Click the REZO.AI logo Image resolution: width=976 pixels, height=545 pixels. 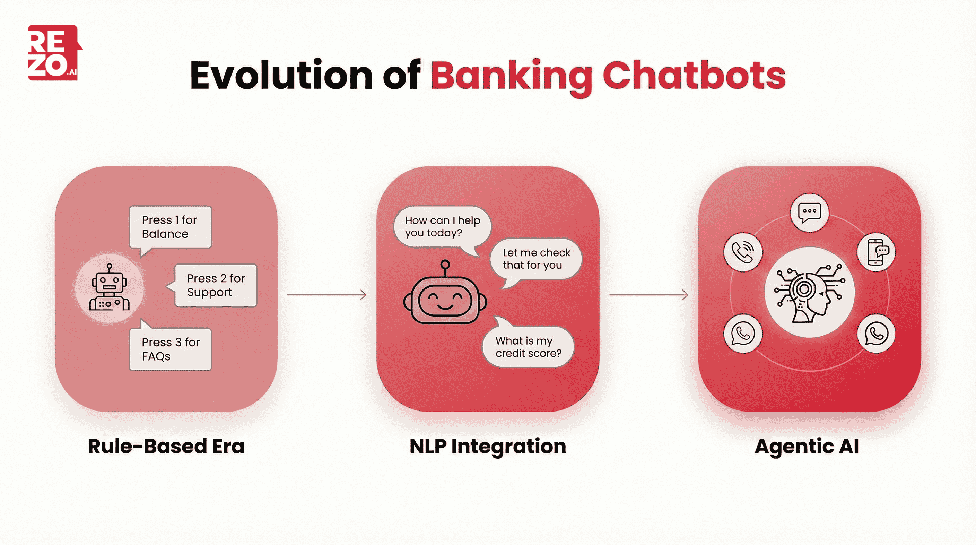click(54, 53)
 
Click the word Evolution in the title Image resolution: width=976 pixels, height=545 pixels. click(281, 76)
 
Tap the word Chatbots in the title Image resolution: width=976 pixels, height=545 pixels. click(694, 76)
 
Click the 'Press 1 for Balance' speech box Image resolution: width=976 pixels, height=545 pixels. click(170, 227)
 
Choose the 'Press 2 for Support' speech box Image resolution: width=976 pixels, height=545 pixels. click(216, 285)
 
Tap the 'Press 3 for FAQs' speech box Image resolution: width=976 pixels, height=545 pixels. click(170, 349)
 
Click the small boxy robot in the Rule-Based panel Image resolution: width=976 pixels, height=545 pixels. click(109, 288)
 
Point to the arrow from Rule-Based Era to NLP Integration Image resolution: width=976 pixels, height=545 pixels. click(326, 294)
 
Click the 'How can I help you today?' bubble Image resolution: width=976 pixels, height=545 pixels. click(442, 227)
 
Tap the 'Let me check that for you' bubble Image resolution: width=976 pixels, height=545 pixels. click(535, 259)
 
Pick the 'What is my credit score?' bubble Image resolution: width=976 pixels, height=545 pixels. click(528, 347)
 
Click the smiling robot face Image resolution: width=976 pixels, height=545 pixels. click(445, 300)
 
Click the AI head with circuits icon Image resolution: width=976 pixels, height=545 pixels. click(809, 292)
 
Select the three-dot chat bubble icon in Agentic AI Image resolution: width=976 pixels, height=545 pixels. click(809, 213)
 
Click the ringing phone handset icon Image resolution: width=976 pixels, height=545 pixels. click(743, 252)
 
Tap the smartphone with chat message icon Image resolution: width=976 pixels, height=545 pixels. click(876, 252)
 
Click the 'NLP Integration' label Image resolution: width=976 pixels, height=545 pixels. click(488, 446)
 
